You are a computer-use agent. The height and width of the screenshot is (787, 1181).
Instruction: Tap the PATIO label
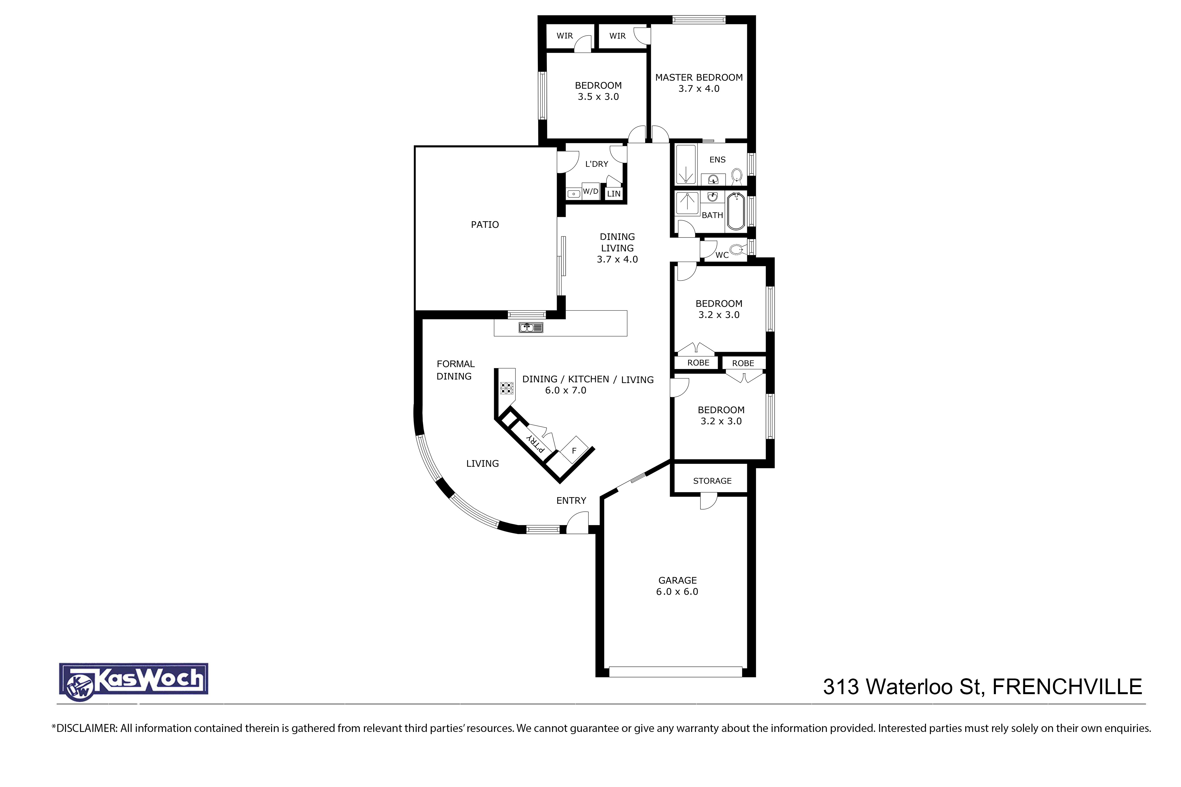coord(485,224)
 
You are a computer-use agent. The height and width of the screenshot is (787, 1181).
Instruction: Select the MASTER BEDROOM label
coord(699,77)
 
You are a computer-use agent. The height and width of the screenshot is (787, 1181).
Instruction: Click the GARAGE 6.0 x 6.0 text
coord(677,586)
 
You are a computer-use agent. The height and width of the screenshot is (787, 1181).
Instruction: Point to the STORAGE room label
coord(712,481)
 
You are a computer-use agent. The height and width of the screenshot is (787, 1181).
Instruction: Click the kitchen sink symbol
coord(531,328)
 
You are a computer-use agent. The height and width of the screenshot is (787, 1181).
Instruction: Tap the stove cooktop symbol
coord(507,388)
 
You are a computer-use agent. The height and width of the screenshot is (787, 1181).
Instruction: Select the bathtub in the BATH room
coord(736,211)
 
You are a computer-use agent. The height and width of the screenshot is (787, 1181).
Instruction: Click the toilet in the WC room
coord(737,249)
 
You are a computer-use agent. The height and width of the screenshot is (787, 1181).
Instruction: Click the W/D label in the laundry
coord(590,191)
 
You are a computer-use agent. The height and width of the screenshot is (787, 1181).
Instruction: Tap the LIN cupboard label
coord(614,194)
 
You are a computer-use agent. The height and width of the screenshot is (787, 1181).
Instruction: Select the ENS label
coord(717,160)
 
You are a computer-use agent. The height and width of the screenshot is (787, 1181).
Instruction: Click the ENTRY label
coord(571,500)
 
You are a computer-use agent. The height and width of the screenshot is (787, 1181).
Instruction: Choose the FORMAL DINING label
coord(455,370)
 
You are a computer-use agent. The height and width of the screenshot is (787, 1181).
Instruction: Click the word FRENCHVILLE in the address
coord(1067,687)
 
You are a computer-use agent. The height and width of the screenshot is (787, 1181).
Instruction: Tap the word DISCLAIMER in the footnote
coord(85,728)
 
